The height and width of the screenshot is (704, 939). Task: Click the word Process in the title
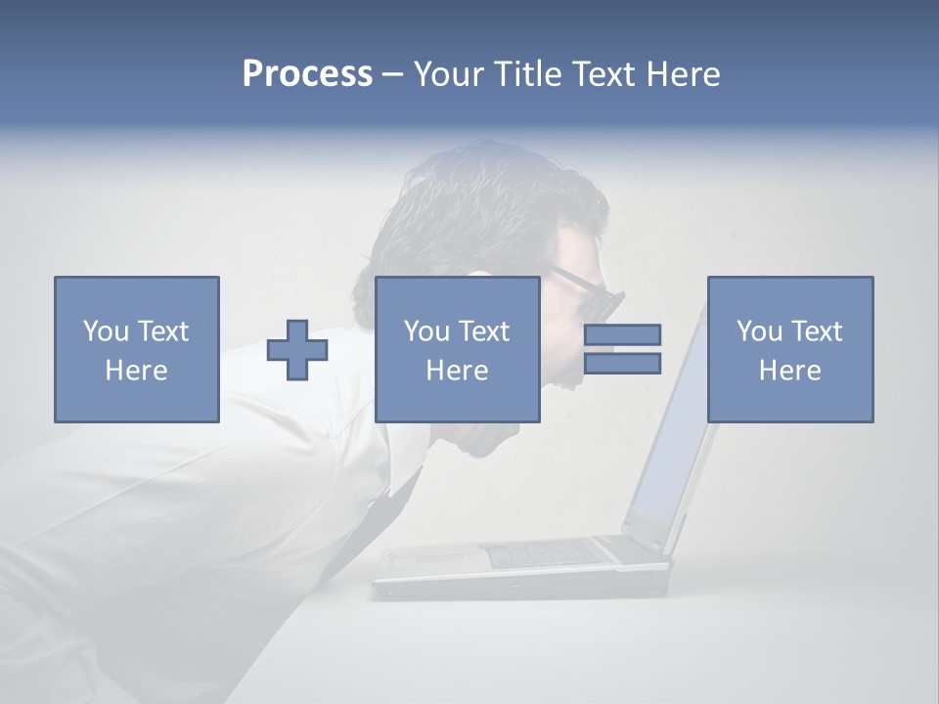tap(307, 74)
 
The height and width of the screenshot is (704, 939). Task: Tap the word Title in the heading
tap(525, 74)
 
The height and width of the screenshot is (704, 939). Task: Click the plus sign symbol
tap(297, 350)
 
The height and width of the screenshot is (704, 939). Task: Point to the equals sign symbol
tap(622, 349)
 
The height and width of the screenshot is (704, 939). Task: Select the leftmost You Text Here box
tap(136, 349)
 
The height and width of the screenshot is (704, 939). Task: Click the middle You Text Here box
tap(457, 349)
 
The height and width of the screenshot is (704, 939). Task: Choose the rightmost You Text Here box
tap(789, 349)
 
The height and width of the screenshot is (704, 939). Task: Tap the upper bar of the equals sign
tap(622, 335)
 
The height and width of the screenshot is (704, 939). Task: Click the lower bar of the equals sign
tap(622, 364)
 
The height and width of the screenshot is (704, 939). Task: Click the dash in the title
tap(393, 74)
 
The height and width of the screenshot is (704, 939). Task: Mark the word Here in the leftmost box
tap(136, 371)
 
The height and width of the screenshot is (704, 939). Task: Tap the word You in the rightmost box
tap(759, 331)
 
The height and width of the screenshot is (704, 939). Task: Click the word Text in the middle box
tap(485, 331)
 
